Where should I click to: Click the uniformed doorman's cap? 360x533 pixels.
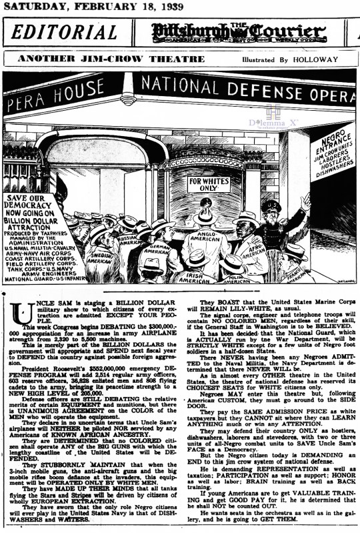tap(273, 206)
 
